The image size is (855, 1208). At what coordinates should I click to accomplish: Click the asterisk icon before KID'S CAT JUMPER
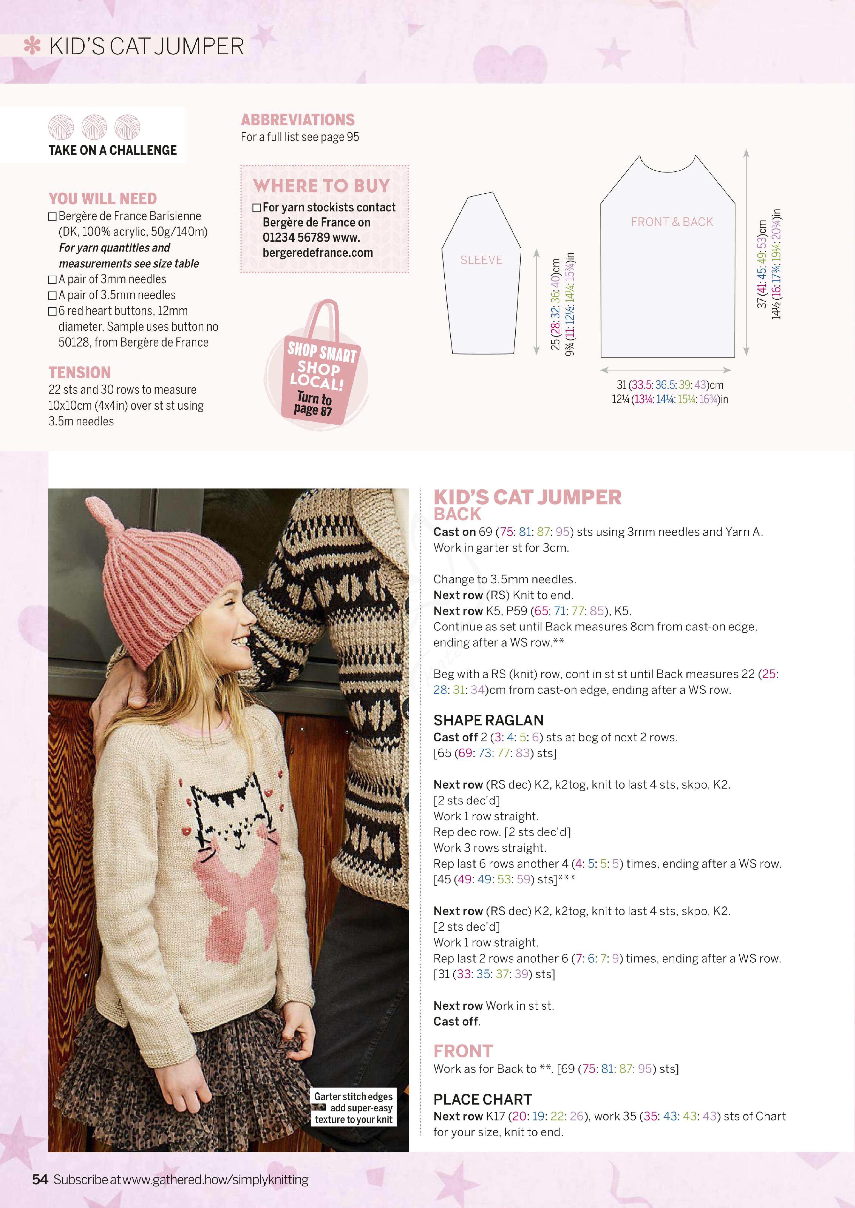(x=32, y=46)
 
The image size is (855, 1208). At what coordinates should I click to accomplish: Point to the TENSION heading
(x=79, y=373)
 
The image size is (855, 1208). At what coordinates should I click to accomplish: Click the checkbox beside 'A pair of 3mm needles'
(x=52, y=279)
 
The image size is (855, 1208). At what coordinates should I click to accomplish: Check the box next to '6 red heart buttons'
(x=52, y=311)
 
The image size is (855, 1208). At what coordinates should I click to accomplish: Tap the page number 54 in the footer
(x=40, y=1179)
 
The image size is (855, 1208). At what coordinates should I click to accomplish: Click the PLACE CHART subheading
(x=482, y=1099)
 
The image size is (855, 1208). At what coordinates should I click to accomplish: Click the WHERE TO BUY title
(x=321, y=186)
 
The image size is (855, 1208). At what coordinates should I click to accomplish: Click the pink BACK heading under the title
(x=457, y=514)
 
